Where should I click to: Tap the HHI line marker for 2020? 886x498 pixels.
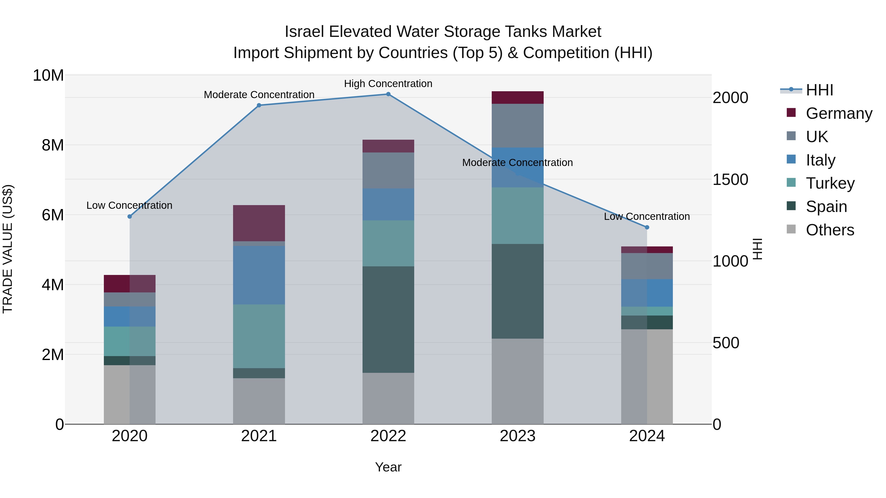pyautogui.click(x=130, y=216)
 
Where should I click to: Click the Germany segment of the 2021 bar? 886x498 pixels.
pyautogui.click(x=259, y=223)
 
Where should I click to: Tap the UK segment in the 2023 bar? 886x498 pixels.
pyautogui.click(x=517, y=125)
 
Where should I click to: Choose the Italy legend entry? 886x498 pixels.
pyautogui.click(x=820, y=160)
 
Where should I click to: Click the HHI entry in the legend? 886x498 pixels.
pyautogui.click(x=819, y=90)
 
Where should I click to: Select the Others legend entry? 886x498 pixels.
pyautogui.click(x=830, y=230)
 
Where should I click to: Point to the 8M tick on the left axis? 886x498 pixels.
pyautogui.click(x=53, y=145)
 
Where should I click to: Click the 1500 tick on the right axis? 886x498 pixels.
pyautogui.click(x=730, y=180)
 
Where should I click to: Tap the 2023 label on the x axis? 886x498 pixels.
pyautogui.click(x=517, y=436)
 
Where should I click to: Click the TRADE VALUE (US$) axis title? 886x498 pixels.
pyautogui.click(x=8, y=249)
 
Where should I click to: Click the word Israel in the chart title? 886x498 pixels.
pyautogui.click(x=304, y=32)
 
